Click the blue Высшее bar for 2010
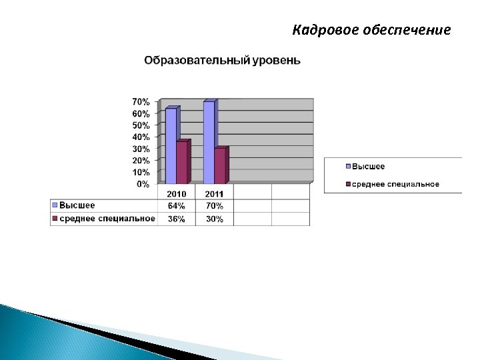(171, 145)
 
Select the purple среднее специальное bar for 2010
(182, 162)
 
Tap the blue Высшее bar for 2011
(209, 142)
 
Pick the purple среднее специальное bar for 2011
(220, 165)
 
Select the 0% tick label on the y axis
(143, 184)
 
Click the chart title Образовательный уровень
(222, 61)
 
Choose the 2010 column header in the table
(176, 194)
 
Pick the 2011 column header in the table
(214, 194)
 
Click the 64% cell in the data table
(176, 206)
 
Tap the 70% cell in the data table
(214, 206)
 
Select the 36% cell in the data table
(176, 219)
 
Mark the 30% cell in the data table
(214, 219)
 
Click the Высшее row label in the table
(77, 205)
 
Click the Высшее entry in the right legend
(368, 167)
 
